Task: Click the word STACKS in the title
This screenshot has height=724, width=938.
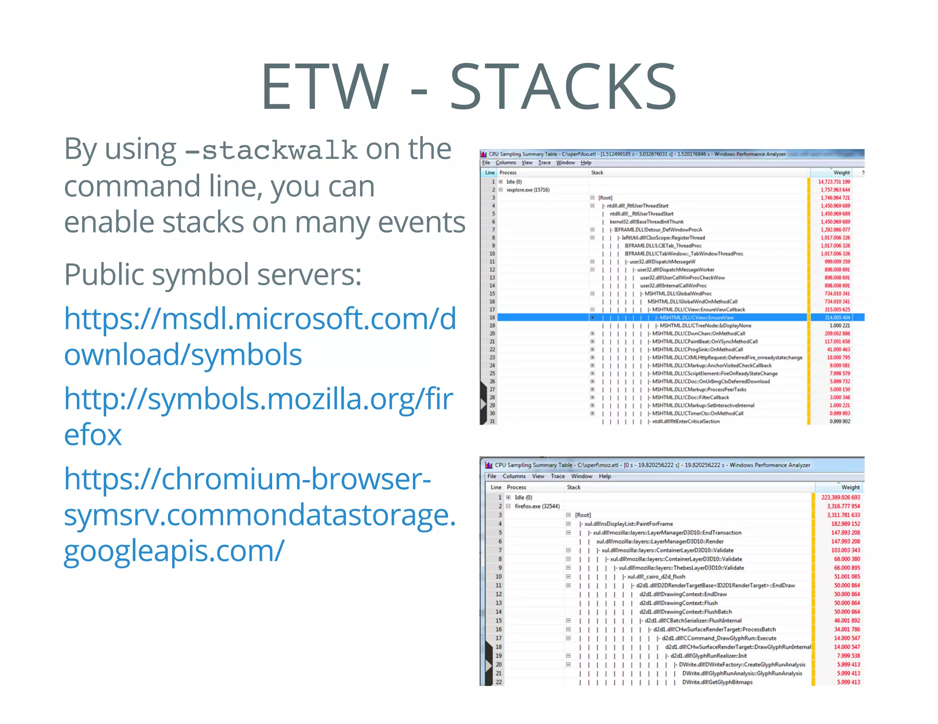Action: tap(563, 87)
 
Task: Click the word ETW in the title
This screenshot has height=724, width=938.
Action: tap(325, 87)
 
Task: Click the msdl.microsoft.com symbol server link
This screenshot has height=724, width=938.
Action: tap(260, 336)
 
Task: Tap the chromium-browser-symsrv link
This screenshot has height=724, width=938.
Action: tap(260, 514)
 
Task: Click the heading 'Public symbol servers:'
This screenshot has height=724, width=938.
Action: tap(213, 274)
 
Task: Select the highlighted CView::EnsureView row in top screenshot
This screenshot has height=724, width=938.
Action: tap(696, 318)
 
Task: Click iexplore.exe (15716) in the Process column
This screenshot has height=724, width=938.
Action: tap(528, 190)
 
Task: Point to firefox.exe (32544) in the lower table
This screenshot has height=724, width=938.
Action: tap(537, 506)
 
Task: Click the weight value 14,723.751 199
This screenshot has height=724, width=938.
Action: tap(834, 182)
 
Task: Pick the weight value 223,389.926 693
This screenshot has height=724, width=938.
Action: tap(840, 497)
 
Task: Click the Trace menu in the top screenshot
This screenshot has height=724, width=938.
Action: tap(544, 162)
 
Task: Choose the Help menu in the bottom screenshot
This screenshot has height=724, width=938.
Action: tap(605, 476)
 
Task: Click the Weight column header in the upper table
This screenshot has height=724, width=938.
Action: tap(841, 173)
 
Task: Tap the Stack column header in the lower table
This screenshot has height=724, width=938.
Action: tap(573, 487)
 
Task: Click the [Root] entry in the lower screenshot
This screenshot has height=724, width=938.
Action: tap(583, 515)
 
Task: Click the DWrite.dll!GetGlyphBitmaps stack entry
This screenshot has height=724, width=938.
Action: tap(717, 682)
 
